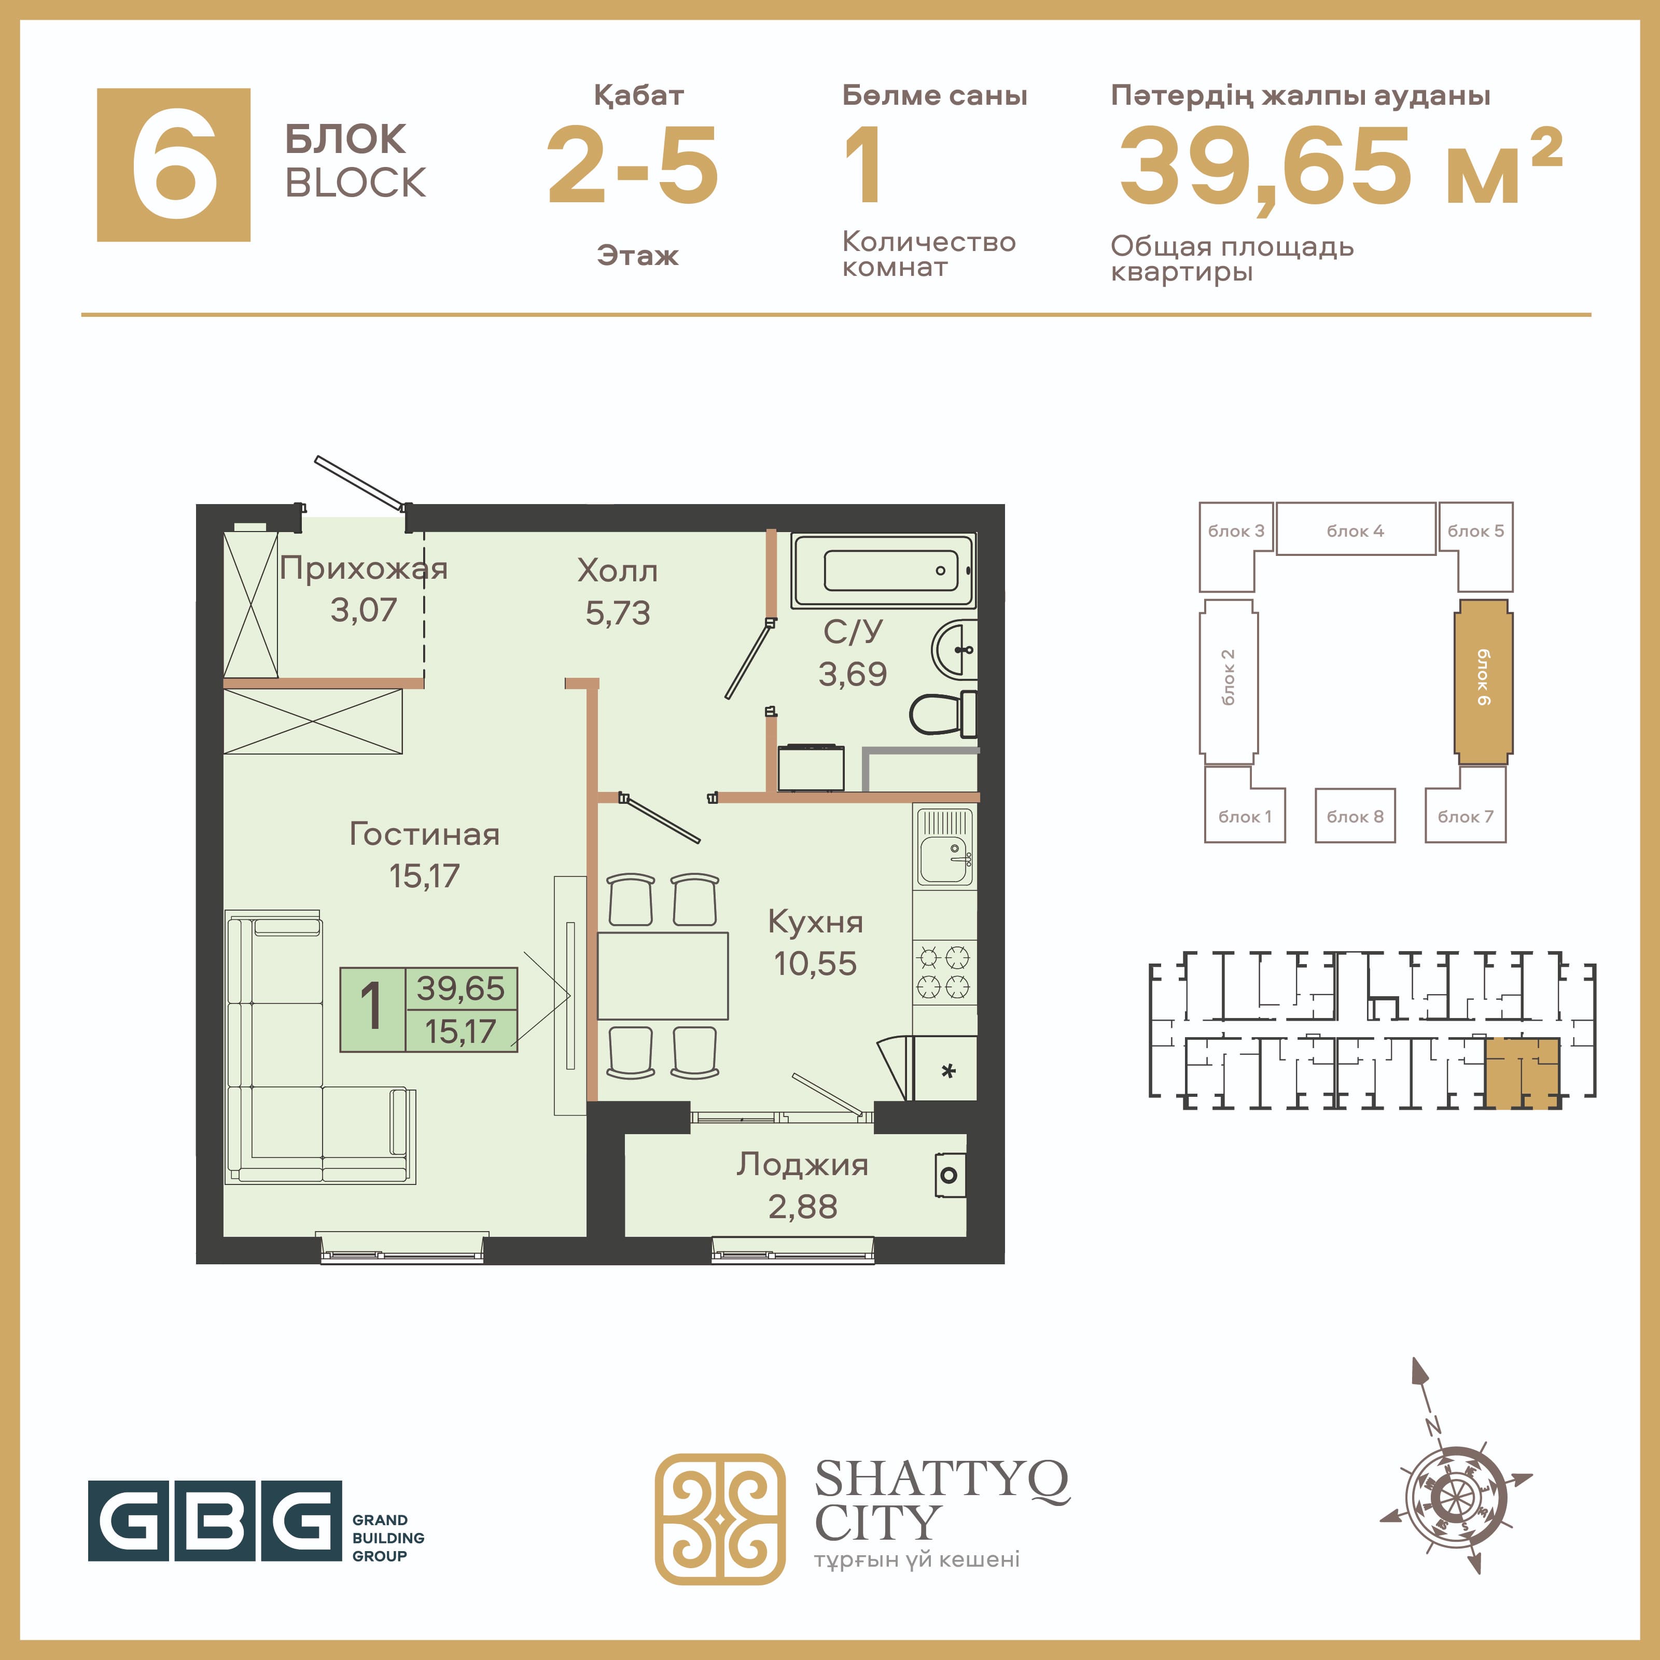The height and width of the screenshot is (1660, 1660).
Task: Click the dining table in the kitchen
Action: coord(662,975)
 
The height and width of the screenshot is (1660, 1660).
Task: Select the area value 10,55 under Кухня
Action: coord(815,964)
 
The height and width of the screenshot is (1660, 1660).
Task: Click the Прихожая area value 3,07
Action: coord(364,610)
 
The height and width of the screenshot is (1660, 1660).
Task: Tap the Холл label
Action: coord(617,570)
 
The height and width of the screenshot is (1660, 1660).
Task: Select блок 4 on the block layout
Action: coord(1355,530)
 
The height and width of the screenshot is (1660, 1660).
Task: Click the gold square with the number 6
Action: coord(174,165)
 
